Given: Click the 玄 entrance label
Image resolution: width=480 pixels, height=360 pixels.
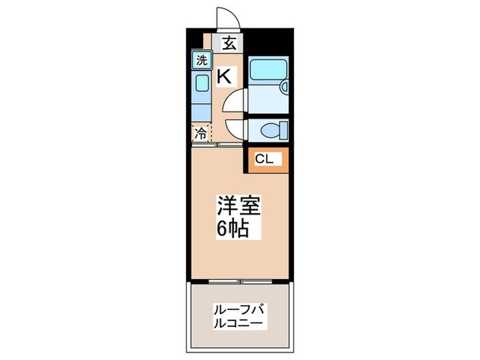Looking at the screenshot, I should coord(229,44).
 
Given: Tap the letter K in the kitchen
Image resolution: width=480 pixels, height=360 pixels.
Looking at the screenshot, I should coord(224,76).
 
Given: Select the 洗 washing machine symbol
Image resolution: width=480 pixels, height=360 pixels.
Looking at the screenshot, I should coord(201,60).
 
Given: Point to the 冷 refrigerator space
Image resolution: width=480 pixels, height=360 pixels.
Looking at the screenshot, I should coord(201,134).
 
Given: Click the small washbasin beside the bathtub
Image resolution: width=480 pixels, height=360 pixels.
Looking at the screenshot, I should coord(283,86).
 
